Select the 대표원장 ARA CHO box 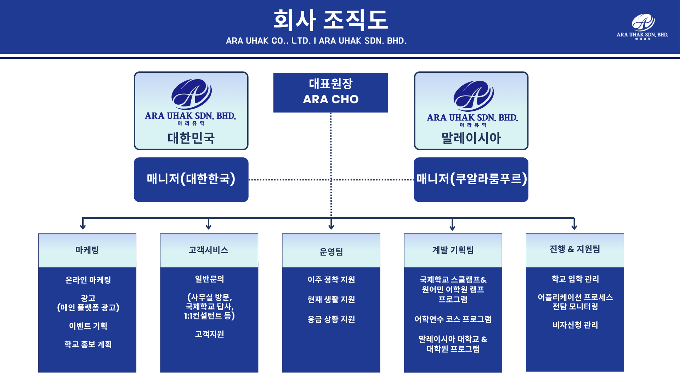330,92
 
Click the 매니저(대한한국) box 191,179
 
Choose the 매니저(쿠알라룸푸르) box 471,179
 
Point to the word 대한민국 191,138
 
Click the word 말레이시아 471,138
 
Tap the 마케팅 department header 87,250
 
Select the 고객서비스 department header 209,250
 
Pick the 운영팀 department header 331,251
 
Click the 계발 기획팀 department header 453,250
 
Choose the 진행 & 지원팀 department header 574,249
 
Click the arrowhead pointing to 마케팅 83,227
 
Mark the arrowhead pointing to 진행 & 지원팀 574,227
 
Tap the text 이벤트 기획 88,326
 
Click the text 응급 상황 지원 331,319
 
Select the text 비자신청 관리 575,325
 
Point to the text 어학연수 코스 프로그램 453,319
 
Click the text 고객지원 209,334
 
